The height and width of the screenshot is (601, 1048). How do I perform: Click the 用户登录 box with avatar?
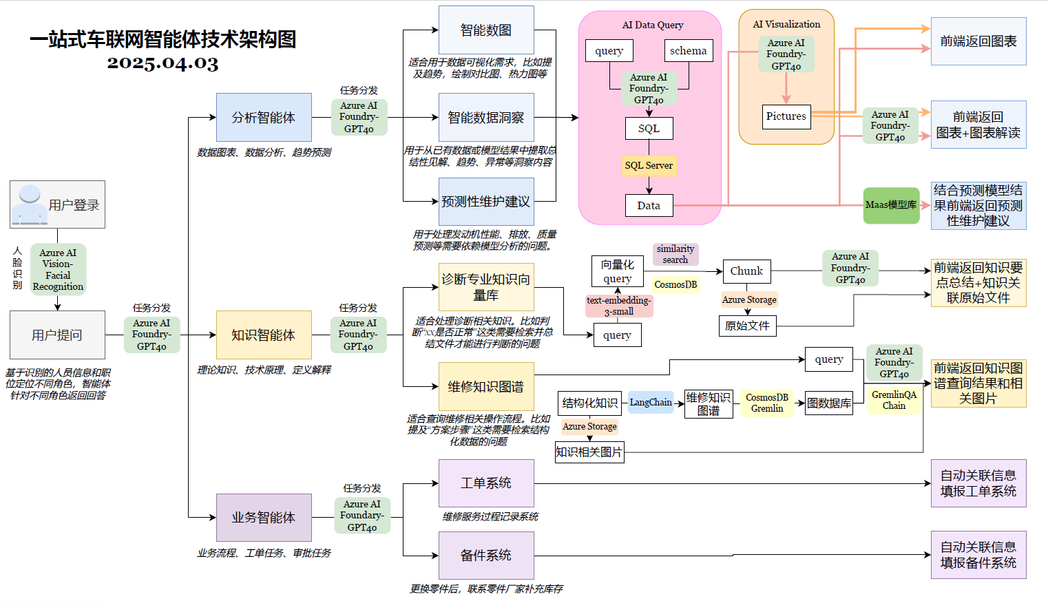click(57, 204)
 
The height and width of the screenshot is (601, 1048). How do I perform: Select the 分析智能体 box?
click(264, 118)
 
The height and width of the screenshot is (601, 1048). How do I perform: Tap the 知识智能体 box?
click(264, 335)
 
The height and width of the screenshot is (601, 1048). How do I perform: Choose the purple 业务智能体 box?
click(264, 518)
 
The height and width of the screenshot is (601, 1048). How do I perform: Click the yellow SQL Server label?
click(649, 165)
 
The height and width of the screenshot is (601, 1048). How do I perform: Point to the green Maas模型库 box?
click(891, 205)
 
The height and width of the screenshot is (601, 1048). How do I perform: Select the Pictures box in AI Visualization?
click(786, 116)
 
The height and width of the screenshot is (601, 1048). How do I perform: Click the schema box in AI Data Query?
click(688, 51)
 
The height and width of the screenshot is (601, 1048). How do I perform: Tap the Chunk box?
click(746, 271)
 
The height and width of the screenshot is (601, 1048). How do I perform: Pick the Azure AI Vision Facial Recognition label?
click(58, 270)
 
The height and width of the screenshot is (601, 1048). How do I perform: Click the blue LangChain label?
click(651, 403)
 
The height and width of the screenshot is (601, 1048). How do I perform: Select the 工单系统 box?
click(486, 483)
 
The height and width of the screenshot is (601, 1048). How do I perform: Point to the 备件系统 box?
click(486, 556)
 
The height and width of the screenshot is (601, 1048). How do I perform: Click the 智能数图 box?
click(486, 30)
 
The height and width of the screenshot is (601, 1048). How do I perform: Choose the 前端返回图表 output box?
click(978, 41)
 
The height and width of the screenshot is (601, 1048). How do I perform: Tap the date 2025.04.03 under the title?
click(163, 63)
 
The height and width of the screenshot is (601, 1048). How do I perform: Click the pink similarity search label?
click(675, 254)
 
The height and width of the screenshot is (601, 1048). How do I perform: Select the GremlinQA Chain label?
click(894, 400)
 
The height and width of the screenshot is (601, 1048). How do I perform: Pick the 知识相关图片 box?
click(589, 452)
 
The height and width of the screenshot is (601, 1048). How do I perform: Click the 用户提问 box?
click(57, 335)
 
